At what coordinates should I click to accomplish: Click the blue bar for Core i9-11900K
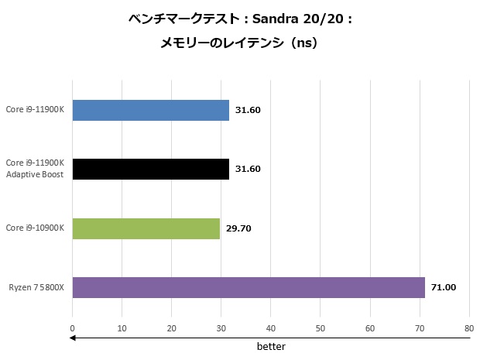click(151, 110)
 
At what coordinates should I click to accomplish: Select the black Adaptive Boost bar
click(151, 169)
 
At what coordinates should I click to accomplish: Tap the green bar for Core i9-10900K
click(146, 228)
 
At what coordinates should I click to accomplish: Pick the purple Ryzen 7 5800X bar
click(249, 287)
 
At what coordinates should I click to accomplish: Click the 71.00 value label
click(444, 287)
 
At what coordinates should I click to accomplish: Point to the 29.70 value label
click(238, 228)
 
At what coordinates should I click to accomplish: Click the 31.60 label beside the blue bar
click(248, 110)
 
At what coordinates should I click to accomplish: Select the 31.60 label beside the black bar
click(248, 169)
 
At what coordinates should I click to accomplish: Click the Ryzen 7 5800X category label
click(36, 287)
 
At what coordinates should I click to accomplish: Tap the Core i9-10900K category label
click(36, 228)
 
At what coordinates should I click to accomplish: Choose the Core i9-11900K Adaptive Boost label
click(36, 169)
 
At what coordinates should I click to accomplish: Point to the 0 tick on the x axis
click(73, 327)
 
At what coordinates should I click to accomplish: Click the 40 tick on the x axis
click(271, 327)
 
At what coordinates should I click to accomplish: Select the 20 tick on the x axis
click(172, 327)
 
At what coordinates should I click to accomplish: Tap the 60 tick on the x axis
click(370, 327)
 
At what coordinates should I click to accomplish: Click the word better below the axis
click(271, 346)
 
